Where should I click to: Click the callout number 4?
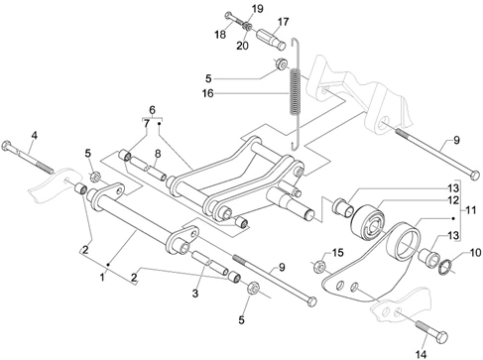[35, 135]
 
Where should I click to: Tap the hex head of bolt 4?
[6, 146]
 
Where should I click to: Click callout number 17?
[283, 22]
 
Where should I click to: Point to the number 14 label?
[421, 355]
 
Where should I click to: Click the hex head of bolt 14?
[441, 337]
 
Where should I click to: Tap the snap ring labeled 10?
[444, 267]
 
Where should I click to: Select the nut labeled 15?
[318, 265]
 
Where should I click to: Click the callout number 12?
[453, 200]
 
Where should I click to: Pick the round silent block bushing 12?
[368, 221]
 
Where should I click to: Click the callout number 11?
[469, 210]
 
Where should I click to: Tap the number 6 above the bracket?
[152, 110]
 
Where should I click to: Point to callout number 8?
[158, 154]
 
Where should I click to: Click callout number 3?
[195, 293]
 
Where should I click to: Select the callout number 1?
[102, 277]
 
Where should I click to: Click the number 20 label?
[242, 46]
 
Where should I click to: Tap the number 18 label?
[220, 35]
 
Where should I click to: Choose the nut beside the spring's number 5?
[282, 63]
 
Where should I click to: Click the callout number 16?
[208, 93]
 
